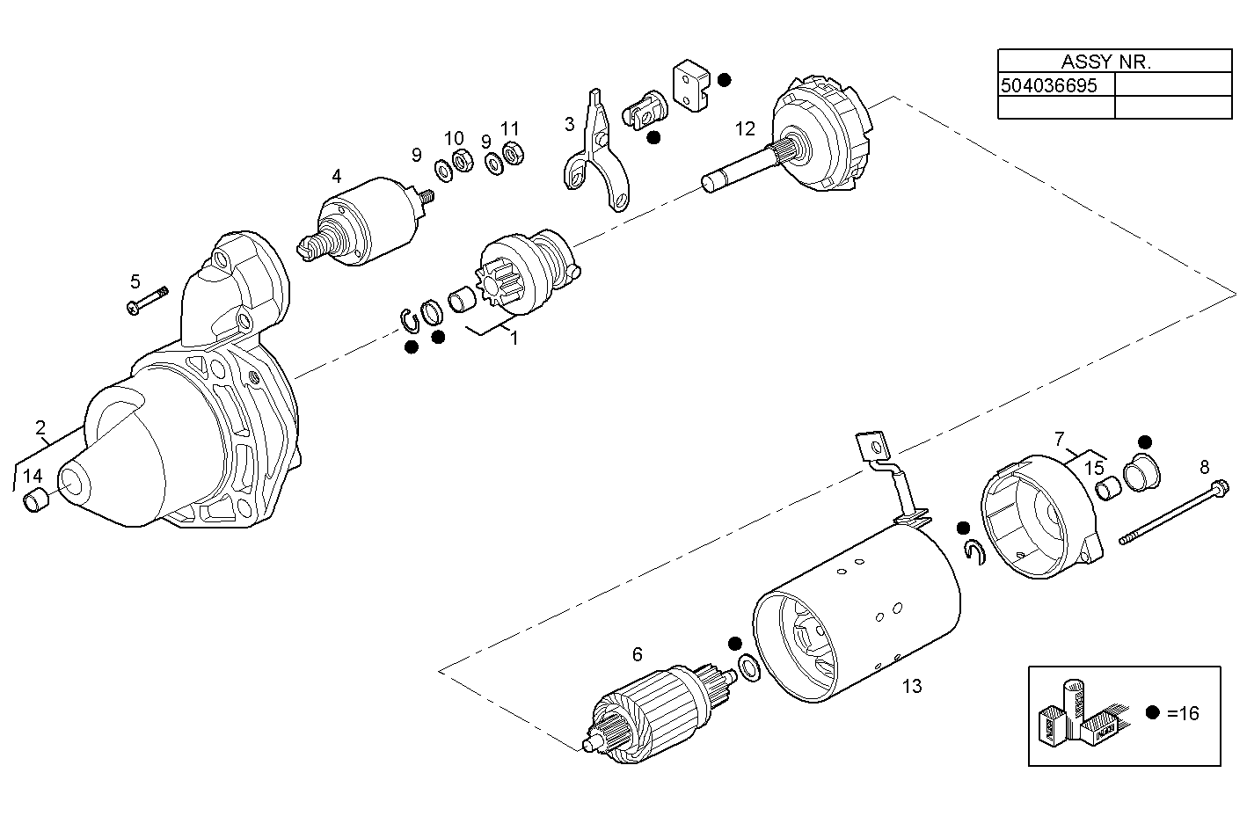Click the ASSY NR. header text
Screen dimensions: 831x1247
pos(1105,62)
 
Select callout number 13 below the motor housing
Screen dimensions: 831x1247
pos(912,686)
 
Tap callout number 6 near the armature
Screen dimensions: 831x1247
pos(638,654)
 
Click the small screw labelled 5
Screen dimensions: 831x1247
pos(148,301)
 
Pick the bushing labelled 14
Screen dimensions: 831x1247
pos(36,503)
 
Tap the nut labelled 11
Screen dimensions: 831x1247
pos(514,152)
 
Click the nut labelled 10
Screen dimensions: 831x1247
pos(459,161)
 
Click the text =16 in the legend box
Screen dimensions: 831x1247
pos(1184,713)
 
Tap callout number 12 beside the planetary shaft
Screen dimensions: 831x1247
pos(745,129)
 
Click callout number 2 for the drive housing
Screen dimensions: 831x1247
pos(40,428)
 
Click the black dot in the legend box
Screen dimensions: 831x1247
pos(1153,713)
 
